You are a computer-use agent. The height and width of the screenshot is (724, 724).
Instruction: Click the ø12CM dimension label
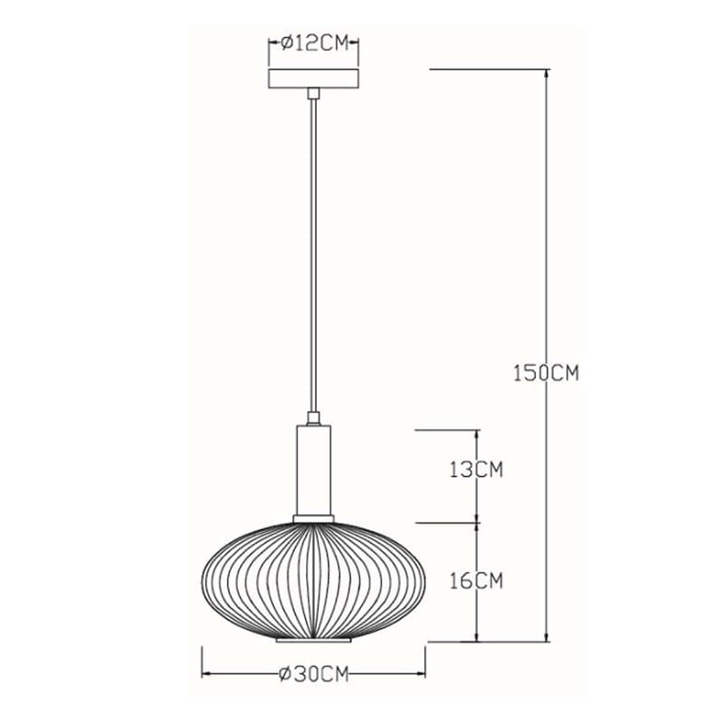click(314, 43)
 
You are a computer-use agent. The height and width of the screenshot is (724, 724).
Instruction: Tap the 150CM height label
click(547, 373)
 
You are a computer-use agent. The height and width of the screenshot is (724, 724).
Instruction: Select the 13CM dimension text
click(477, 470)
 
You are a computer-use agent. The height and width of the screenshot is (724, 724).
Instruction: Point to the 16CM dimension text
click(477, 581)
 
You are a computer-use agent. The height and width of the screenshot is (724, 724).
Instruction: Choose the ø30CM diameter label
click(313, 674)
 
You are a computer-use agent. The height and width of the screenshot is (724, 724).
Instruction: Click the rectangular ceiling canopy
click(313, 79)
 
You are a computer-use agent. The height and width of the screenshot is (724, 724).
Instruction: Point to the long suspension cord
click(313, 255)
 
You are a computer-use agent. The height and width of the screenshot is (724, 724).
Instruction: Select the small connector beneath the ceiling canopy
click(313, 93)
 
